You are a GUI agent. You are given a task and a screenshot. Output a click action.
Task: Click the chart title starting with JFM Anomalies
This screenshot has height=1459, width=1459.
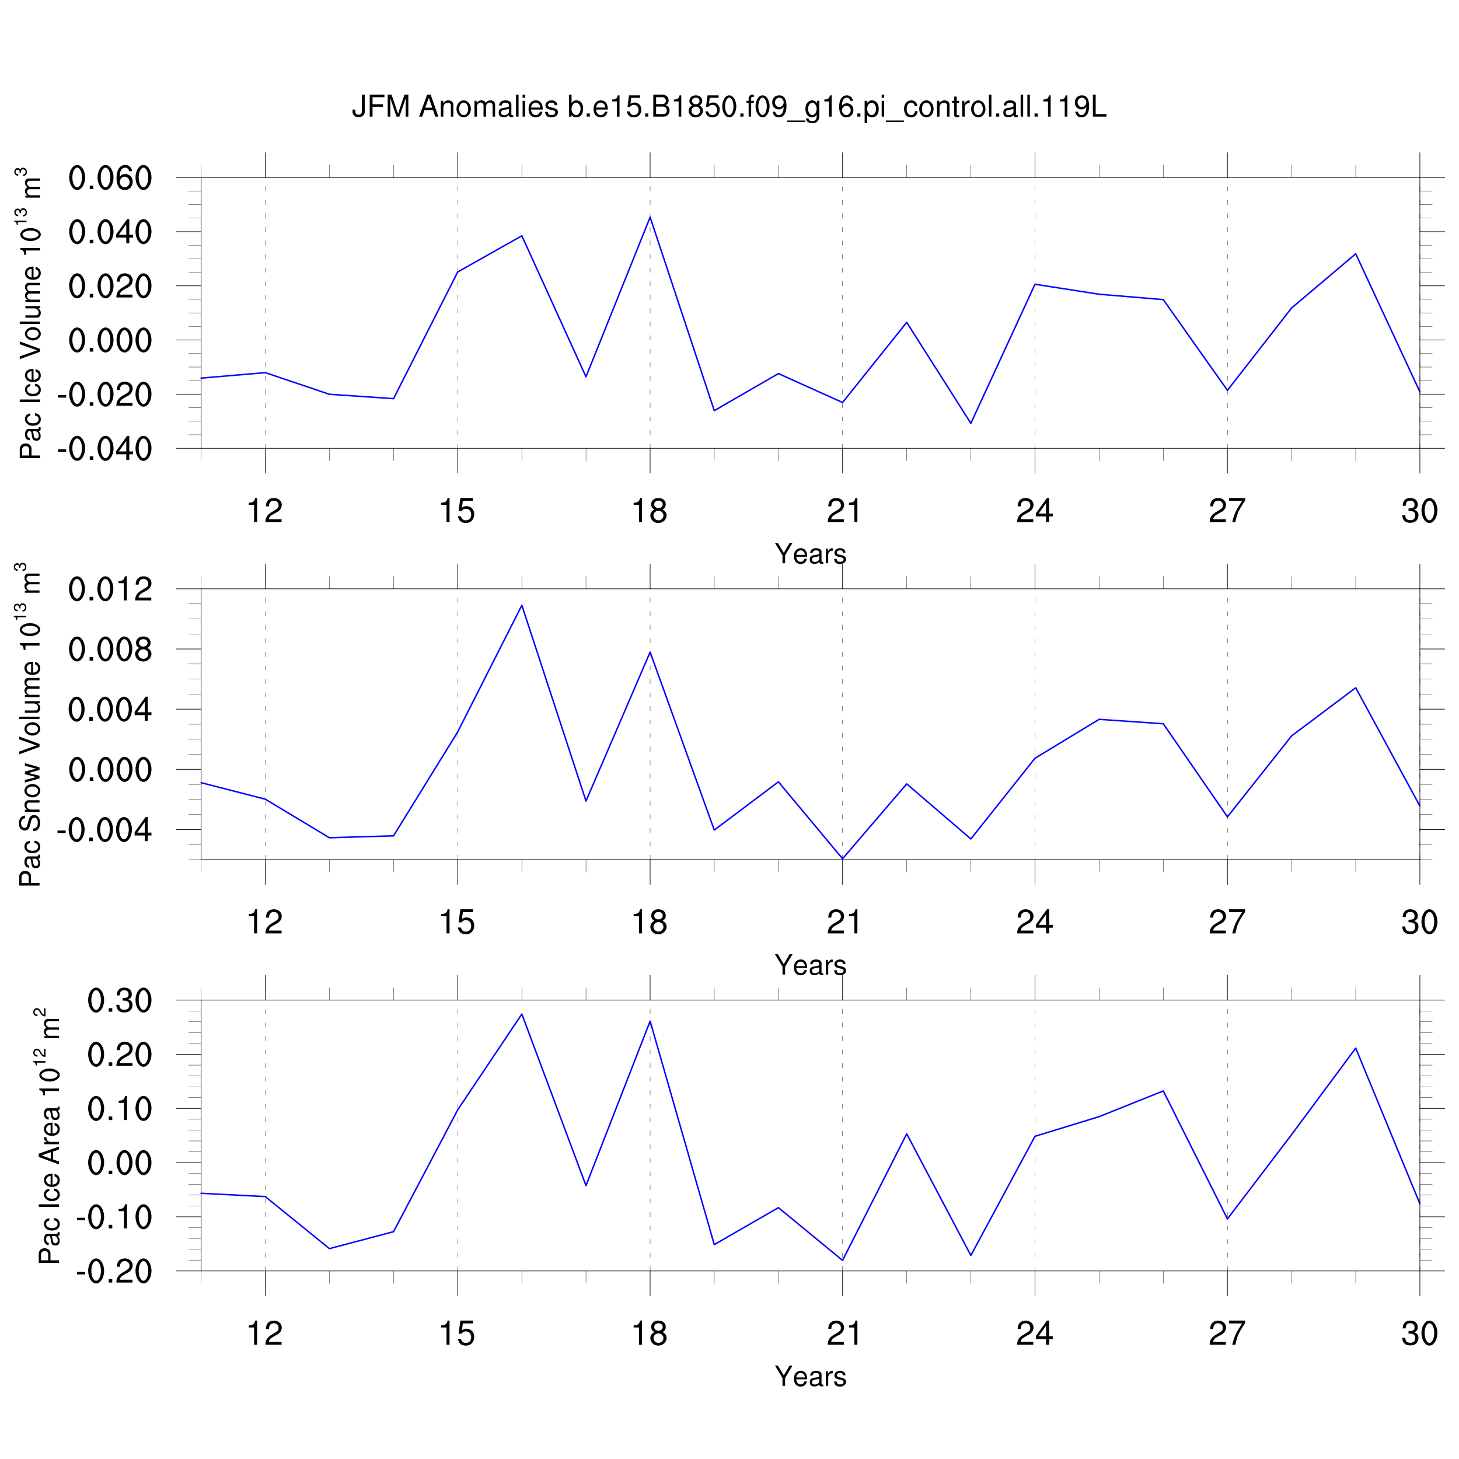pyautogui.click(x=729, y=107)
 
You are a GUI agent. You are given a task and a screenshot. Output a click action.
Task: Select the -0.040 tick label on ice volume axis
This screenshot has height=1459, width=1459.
pyautogui.click(x=105, y=449)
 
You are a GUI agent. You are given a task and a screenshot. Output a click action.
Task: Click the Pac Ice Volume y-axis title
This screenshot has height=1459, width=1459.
pyautogui.click(x=30, y=313)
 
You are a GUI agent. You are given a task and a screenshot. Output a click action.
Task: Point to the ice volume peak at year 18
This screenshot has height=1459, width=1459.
pyautogui.click(x=650, y=218)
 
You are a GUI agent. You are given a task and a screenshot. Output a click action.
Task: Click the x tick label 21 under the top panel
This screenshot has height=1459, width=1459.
pyautogui.click(x=843, y=512)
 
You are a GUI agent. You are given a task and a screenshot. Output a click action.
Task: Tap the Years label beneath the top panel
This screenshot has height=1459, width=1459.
pyautogui.click(x=810, y=553)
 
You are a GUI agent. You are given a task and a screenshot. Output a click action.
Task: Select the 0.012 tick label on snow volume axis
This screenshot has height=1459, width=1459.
pyautogui.click(x=110, y=589)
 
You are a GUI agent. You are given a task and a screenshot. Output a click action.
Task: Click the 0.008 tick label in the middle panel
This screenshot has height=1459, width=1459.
pyautogui.click(x=110, y=650)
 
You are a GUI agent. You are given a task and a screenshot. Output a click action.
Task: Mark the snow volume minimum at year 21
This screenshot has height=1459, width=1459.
pyautogui.click(x=843, y=858)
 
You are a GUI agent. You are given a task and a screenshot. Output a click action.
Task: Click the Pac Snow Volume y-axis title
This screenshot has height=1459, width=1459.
pyautogui.click(x=30, y=725)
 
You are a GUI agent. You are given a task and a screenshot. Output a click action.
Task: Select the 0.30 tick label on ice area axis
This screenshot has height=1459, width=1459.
pyautogui.click(x=119, y=1001)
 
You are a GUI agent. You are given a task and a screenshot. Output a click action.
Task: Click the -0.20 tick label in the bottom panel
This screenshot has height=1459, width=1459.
pyautogui.click(x=114, y=1272)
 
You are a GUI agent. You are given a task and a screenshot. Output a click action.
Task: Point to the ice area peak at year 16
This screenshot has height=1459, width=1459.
pyautogui.click(x=522, y=1014)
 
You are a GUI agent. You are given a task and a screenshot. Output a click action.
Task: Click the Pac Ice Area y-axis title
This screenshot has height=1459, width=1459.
pyautogui.click(x=49, y=1136)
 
